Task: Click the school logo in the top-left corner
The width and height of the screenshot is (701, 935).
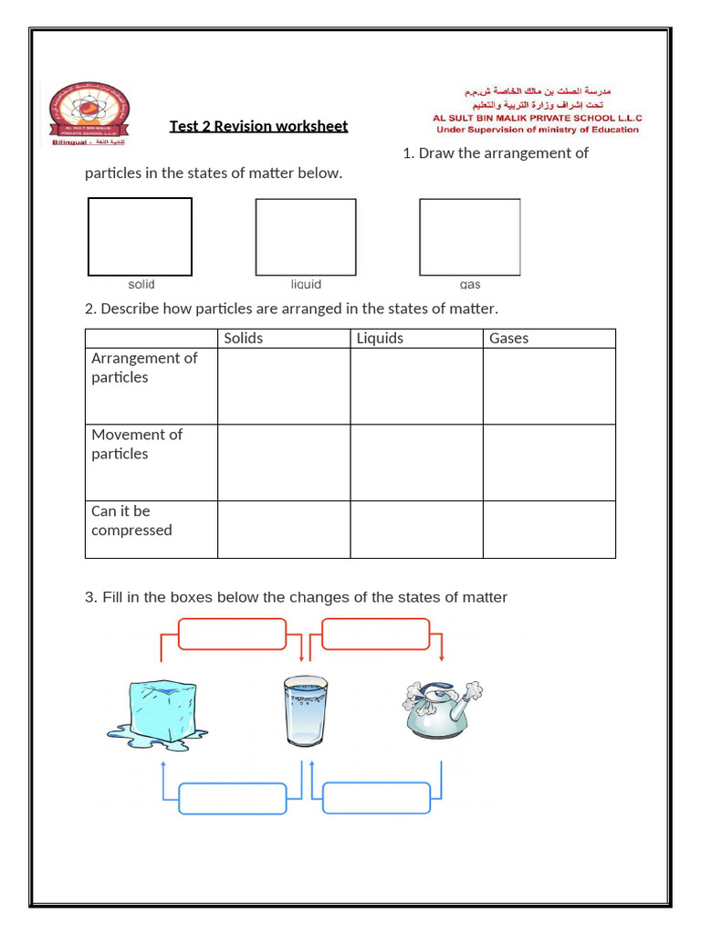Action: [x=89, y=114]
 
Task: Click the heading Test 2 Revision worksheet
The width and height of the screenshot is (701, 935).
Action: [x=258, y=126]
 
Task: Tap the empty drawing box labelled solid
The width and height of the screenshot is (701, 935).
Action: [x=140, y=236]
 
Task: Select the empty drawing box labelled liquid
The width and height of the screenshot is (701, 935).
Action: [x=306, y=236]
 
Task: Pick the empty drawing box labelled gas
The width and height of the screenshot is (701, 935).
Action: [x=469, y=236]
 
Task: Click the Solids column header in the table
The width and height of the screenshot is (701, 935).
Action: [x=244, y=339]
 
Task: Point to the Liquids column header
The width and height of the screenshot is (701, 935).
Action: [x=380, y=339]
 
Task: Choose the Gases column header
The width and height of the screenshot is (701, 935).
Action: [x=508, y=339]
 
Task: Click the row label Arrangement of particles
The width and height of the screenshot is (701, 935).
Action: [x=144, y=368]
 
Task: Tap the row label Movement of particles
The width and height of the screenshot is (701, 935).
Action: [x=137, y=445]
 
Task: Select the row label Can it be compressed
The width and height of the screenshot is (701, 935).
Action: [x=131, y=521]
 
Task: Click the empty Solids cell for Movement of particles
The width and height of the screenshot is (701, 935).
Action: [x=284, y=462]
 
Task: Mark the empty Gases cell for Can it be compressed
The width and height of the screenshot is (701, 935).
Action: [x=549, y=530]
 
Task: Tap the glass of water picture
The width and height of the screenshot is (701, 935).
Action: [x=304, y=709]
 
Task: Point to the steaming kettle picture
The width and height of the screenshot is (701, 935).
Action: [x=439, y=708]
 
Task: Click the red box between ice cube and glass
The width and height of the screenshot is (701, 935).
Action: [x=232, y=634]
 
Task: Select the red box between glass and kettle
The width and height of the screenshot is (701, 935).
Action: [x=375, y=634]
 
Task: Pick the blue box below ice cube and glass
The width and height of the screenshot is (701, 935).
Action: [x=233, y=798]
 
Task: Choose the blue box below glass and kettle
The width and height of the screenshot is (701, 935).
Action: [x=376, y=798]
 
